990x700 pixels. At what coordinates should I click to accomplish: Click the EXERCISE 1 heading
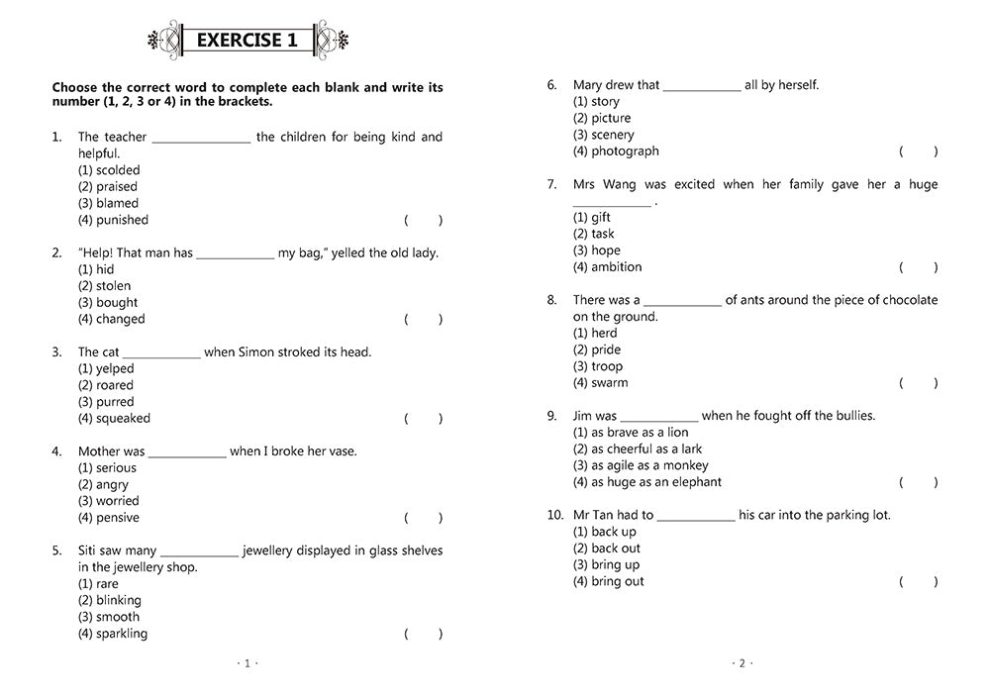pos(247,41)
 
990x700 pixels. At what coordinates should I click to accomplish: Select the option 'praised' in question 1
pos(108,186)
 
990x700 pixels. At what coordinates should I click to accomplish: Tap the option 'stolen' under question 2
pos(104,286)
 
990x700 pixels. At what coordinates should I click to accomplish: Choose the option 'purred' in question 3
pos(106,402)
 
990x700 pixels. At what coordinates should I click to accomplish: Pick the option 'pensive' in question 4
pos(109,518)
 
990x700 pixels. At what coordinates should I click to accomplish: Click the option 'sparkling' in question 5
pos(113,634)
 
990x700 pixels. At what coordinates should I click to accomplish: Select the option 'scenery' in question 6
pos(604,135)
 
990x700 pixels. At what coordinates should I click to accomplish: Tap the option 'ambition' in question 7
pos(607,267)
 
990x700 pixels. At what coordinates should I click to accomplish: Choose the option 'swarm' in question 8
pos(601,383)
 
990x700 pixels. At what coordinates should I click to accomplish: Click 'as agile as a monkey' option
pos(641,465)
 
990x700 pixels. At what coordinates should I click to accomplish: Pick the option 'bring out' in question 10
pos(609,581)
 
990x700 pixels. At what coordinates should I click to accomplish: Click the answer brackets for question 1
pos(423,220)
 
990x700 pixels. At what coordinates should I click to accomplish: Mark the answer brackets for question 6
pos(918,151)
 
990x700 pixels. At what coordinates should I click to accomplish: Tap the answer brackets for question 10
pos(918,581)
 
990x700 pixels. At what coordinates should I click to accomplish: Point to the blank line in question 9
pos(659,419)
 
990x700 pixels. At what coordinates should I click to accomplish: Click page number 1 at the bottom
pos(247,663)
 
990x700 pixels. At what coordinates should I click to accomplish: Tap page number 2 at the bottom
pos(742,663)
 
